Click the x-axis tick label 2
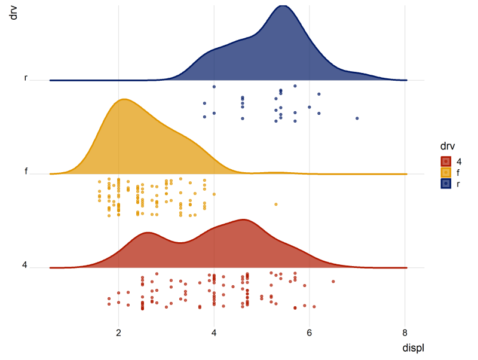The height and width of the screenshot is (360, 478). [x=118, y=332]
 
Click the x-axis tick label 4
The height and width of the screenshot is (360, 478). [x=214, y=332]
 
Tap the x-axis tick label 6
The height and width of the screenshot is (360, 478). [x=310, y=332]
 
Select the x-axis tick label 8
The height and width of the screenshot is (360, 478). [x=405, y=332]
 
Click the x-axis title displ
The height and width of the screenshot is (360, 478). [x=413, y=347]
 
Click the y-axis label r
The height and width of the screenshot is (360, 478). [x=26, y=78]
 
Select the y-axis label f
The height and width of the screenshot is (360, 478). [x=26, y=172]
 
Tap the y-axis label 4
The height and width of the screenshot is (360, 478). [x=24, y=265]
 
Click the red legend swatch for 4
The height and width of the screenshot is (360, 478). [x=446, y=161]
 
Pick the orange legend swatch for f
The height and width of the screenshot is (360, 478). [x=446, y=172]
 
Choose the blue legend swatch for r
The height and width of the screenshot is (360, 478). [x=446, y=184]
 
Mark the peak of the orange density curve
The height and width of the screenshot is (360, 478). [x=124, y=99]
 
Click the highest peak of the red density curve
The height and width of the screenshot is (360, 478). [x=243, y=219]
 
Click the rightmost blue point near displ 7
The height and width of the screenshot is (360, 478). [x=357, y=118]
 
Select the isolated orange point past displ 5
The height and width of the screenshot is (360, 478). [x=275, y=205]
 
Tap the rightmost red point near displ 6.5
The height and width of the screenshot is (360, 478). [x=333, y=281]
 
